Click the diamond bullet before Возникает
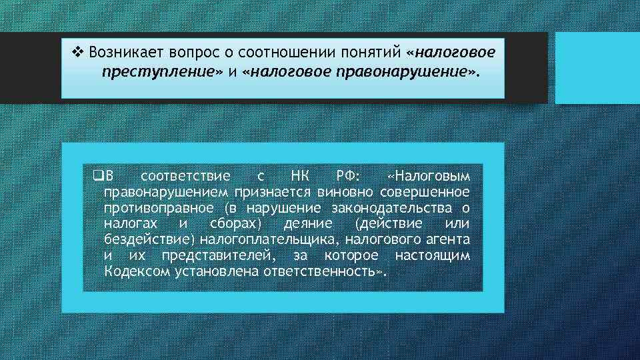(77, 51)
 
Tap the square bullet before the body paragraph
(99, 176)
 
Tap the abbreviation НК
(301, 176)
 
